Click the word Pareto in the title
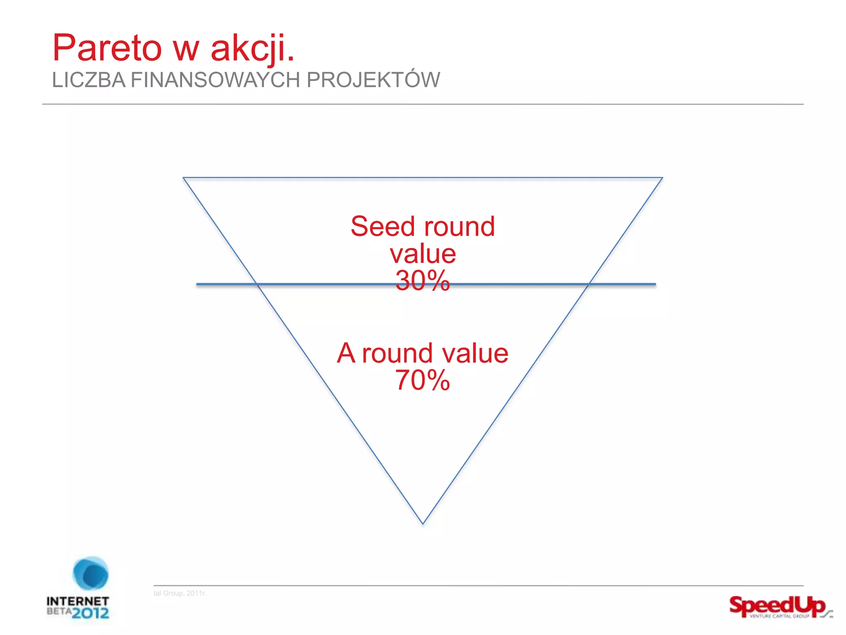tap(107, 48)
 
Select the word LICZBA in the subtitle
tap(88, 80)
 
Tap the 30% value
tap(422, 281)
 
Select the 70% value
tap(422, 380)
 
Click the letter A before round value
tap(346, 353)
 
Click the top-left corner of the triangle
tap(184, 178)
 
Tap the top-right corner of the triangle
tap(662, 178)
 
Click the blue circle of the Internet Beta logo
tap(90, 573)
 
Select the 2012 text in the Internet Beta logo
tap(91, 612)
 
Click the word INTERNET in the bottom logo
tap(78, 601)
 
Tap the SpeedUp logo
tap(779, 607)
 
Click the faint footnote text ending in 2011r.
tap(180, 593)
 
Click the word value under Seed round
tap(423, 254)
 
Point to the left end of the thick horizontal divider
tap(197, 284)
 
